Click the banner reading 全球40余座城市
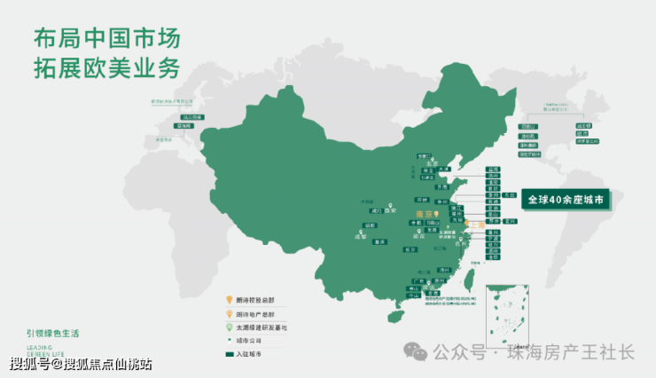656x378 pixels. pyautogui.click(x=566, y=200)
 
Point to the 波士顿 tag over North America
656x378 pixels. pyautogui.click(x=583, y=126)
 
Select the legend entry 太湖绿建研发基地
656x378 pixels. pyautogui.click(x=262, y=327)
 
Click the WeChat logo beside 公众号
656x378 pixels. pyautogui.click(x=416, y=352)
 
